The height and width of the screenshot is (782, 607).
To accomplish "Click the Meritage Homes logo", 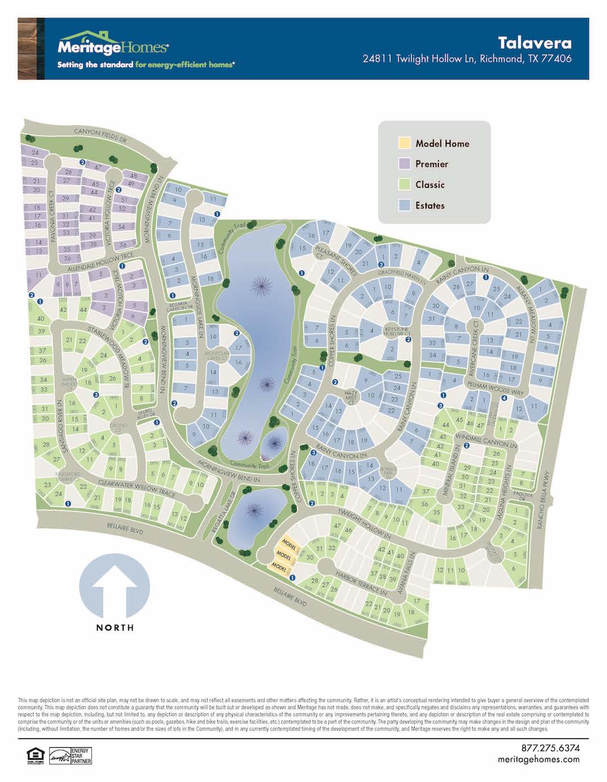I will pos(112,46).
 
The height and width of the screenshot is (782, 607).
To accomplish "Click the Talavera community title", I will pos(534,43).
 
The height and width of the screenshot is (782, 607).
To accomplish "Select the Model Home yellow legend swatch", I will pos(404,143).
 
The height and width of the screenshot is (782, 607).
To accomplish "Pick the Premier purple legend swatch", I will pos(404,164).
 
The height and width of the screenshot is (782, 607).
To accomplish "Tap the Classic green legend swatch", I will pos(404,185).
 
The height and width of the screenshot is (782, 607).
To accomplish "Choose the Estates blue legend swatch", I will pos(404,206).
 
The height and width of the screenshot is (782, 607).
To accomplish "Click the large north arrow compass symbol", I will pos(115,587).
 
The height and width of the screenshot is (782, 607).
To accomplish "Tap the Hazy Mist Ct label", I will pos(351,398).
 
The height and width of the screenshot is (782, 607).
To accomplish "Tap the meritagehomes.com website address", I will pos(538,760).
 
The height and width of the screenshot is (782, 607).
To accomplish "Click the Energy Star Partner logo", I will pos(70,756).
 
